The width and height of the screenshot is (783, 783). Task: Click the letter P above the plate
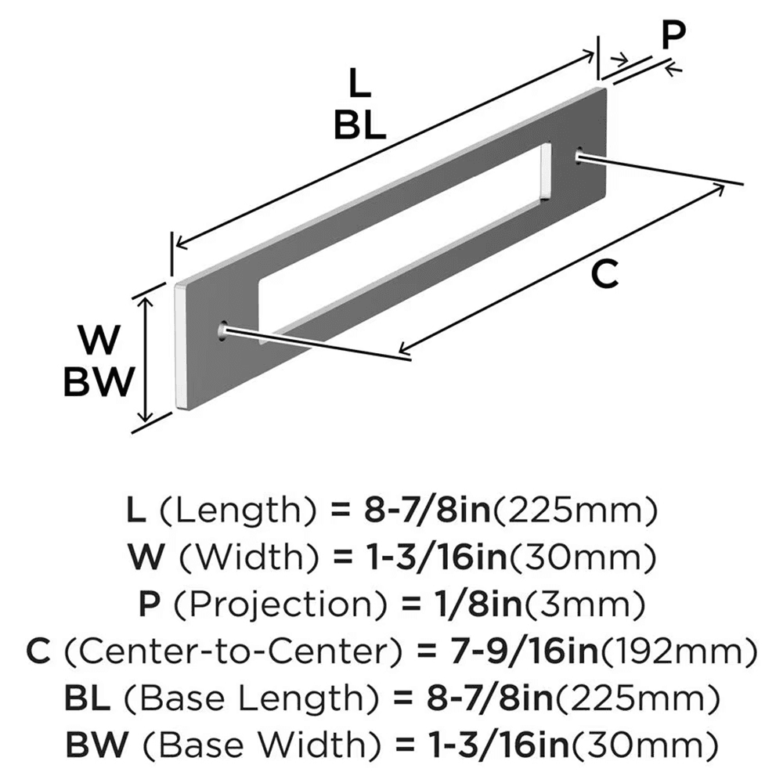(672, 35)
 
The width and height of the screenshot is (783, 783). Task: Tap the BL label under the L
(359, 124)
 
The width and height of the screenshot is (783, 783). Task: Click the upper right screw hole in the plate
(580, 155)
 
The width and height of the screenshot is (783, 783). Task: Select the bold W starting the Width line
(147, 557)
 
